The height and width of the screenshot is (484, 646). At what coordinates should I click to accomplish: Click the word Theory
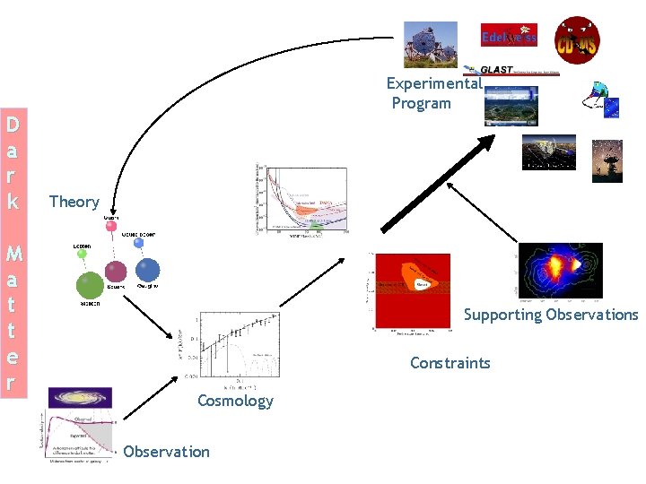click(74, 202)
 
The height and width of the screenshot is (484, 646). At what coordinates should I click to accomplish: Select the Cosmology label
click(235, 400)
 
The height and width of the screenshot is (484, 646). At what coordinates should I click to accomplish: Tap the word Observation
click(166, 452)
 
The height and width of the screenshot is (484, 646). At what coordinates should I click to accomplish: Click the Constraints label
click(450, 363)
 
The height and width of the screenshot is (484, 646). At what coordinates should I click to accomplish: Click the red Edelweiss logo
click(509, 36)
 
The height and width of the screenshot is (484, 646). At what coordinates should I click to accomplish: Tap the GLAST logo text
click(495, 70)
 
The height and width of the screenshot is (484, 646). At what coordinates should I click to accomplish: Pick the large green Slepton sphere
click(89, 286)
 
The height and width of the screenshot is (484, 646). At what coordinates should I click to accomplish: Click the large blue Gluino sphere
click(147, 270)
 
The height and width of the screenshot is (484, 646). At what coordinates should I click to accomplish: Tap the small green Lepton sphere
click(82, 255)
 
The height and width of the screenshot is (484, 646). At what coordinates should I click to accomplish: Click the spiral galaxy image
click(80, 397)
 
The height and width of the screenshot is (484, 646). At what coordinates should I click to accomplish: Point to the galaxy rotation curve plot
click(78, 435)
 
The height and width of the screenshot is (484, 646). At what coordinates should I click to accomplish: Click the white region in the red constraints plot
click(423, 284)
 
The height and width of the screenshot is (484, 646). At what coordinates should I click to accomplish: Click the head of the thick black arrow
click(484, 143)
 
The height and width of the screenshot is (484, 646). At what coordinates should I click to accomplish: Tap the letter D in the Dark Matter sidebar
click(12, 123)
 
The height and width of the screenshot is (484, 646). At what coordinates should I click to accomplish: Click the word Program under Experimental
click(422, 103)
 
